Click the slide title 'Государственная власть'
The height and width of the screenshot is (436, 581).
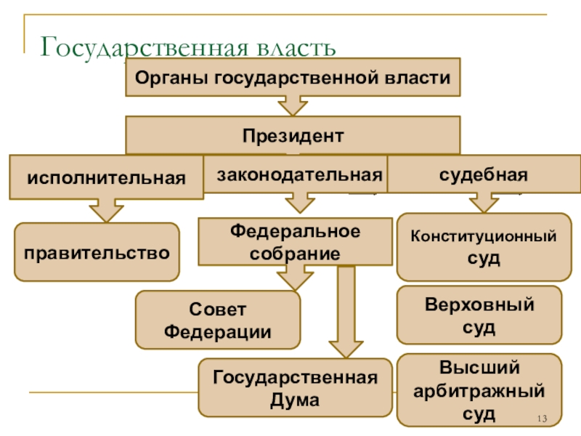(x=189, y=47)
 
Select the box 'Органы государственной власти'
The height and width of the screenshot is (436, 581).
(x=293, y=77)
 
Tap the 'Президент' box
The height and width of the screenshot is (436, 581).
(x=293, y=135)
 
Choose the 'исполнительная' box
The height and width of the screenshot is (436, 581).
(x=106, y=177)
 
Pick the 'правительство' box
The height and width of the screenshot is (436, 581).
(x=97, y=252)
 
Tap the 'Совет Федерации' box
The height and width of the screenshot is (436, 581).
(x=218, y=320)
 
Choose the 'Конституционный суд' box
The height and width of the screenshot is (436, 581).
(x=484, y=247)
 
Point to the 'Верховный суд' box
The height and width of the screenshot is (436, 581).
(x=479, y=315)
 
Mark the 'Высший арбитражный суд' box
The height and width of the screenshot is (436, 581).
(x=479, y=389)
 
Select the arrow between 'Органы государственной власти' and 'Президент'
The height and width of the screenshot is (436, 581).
(x=293, y=106)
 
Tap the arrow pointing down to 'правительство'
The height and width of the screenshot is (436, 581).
(x=106, y=211)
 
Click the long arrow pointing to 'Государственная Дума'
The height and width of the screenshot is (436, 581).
(x=346, y=312)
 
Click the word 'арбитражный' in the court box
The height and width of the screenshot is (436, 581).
(x=479, y=390)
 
